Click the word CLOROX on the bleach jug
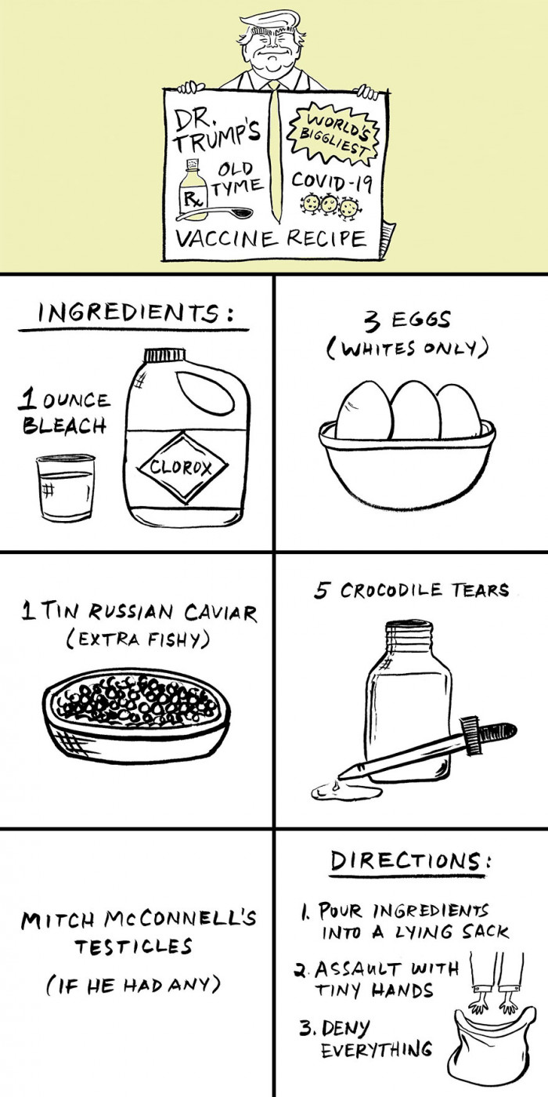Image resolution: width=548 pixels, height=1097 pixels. click(181, 467)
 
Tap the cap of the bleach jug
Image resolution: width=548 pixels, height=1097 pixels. click(165, 354)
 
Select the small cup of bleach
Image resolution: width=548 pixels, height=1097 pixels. click(65, 487)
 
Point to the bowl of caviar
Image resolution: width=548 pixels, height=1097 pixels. click(136, 716)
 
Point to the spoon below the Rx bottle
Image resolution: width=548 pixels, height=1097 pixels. click(215, 213)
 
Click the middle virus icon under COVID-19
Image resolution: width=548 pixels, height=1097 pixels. click(328, 205)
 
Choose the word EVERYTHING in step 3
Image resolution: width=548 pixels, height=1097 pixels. click(377, 1048)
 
